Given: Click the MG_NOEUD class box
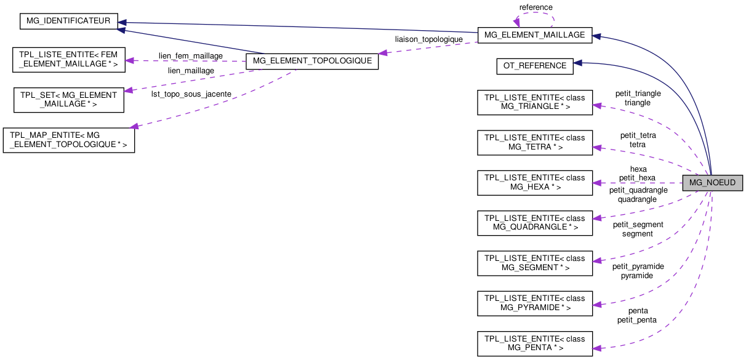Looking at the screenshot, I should (x=712, y=183).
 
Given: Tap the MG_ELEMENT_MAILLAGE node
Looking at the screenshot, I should (x=534, y=35).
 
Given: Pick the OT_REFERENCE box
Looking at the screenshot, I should (x=534, y=66).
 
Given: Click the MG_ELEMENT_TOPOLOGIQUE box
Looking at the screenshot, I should (x=311, y=61).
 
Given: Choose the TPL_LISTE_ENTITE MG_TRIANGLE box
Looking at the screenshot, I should (x=534, y=102).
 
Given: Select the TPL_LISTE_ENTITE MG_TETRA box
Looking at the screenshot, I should (x=534, y=142).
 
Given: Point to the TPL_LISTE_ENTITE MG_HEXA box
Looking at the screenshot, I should (x=534, y=182).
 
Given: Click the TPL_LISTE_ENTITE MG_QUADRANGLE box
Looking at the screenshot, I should (x=534, y=223).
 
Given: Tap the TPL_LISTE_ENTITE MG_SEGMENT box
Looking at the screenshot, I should (x=534, y=263).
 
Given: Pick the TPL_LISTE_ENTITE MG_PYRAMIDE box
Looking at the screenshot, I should (x=534, y=303).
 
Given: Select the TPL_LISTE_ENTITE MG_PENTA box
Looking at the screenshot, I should (x=534, y=343).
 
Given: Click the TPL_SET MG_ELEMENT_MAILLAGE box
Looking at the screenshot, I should (x=69, y=100).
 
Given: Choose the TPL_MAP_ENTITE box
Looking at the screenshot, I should (x=69, y=140).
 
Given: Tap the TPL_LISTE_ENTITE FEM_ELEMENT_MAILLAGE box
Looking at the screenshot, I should (x=69, y=60).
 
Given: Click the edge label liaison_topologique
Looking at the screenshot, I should (x=428, y=39).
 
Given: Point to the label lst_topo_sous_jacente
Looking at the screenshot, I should (x=191, y=94).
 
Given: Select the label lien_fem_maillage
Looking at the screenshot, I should (x=191, y=56).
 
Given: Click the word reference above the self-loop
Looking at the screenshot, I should (x=535, y=7).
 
